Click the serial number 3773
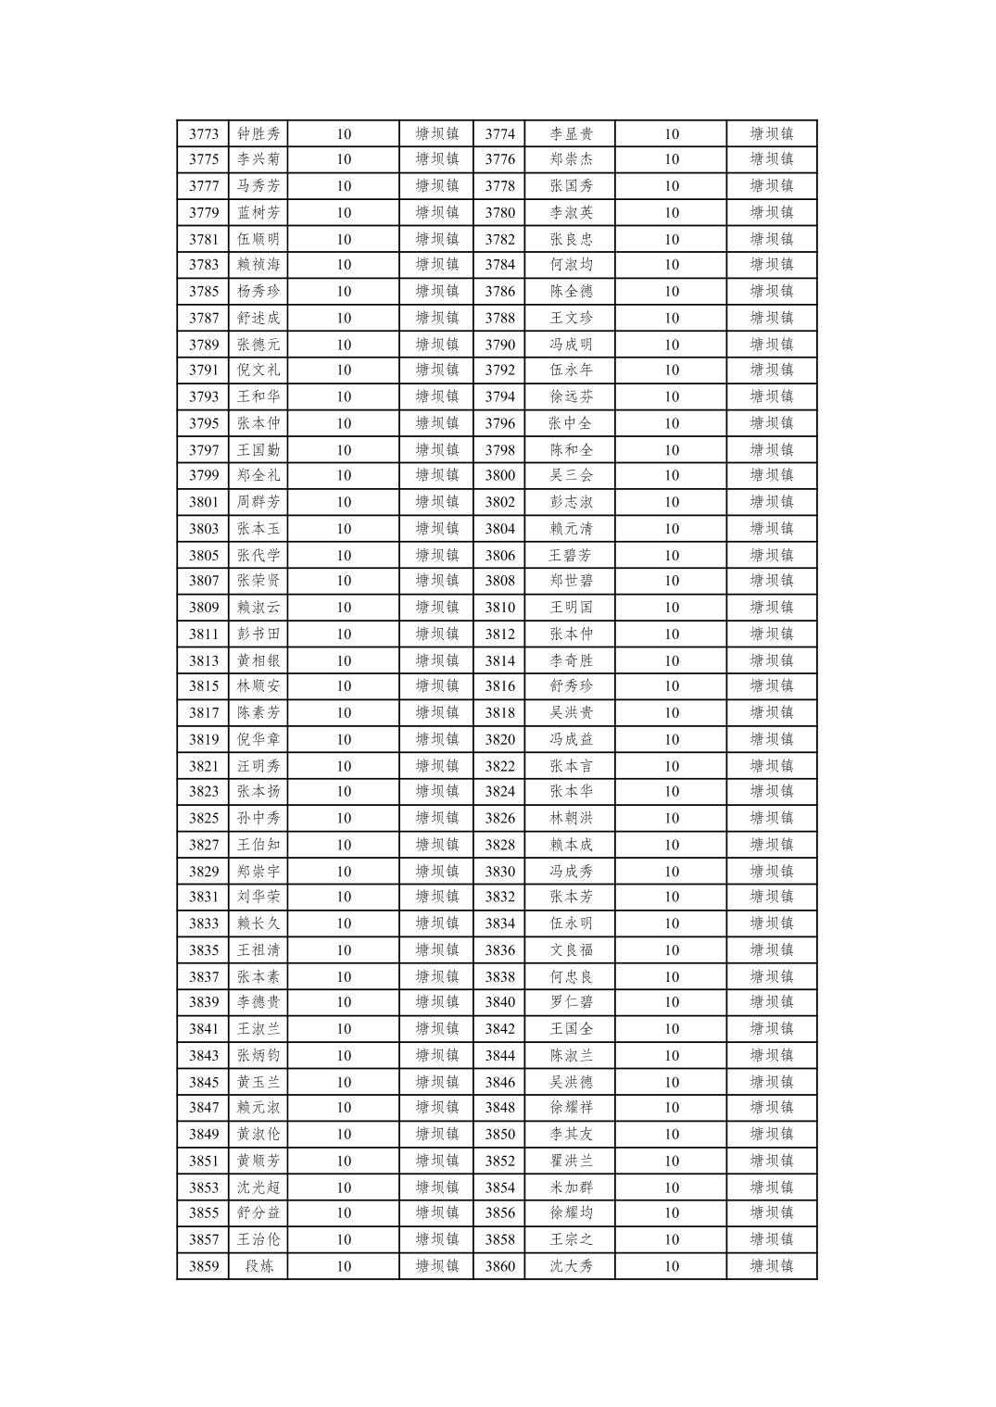(x=204, y=133)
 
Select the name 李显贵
(x=571, y=133)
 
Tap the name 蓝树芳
(x=258, y=212)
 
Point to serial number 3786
(x=499, y=291)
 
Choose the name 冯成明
(x=571, y=345)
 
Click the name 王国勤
(x=258, y=450)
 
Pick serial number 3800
(x=499, y=475)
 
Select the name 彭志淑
(x=571, y=502)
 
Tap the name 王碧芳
(x=571, y=556)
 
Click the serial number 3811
(x=204, y=634)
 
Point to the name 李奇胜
(x=571, y=660)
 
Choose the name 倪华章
(x=258, y=739)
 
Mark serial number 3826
(x=499, y=818)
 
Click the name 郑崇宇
(x=258, y=872)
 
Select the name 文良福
(x=571, y=950)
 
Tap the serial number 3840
(x=499, y=1001)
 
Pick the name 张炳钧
(x=258, y=1055)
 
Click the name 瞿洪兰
(x=571, y=1161)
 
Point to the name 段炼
(x=258, y=1266)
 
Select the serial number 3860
(x=499, y=1266)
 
